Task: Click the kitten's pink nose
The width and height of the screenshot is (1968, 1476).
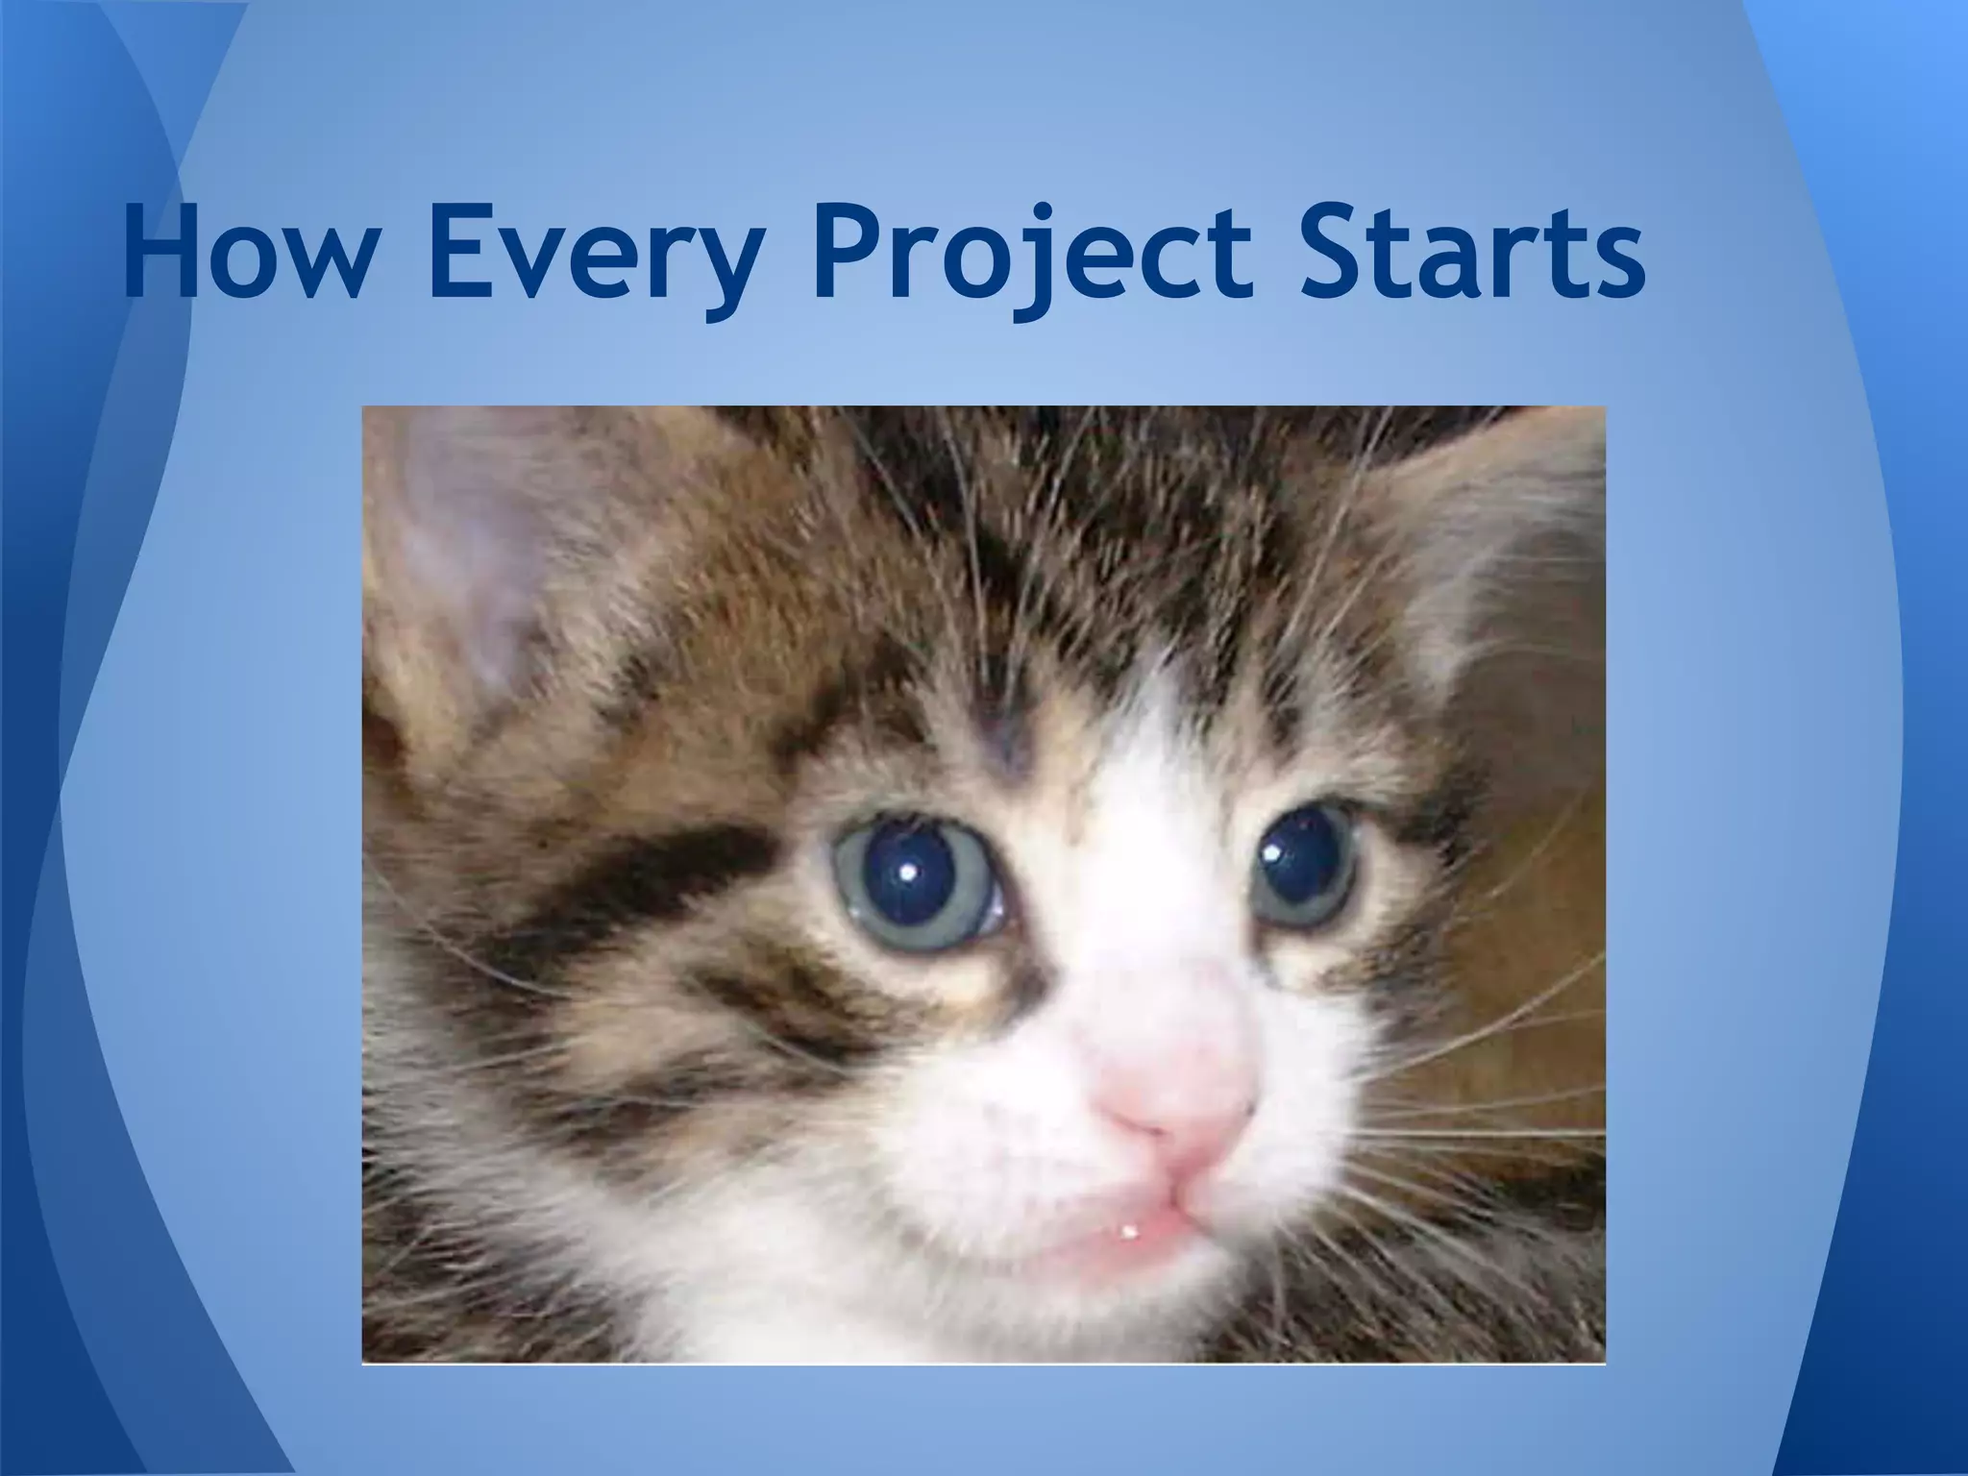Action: [1177, 1095]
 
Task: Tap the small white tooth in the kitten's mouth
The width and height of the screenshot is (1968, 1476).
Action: [1128, 1232]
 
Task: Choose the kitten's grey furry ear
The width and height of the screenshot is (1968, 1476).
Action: [1499, 557]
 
